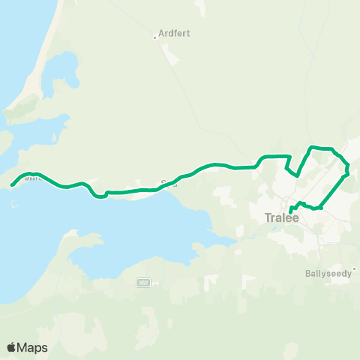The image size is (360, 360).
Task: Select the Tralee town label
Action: pyautogui.click(x=282, y=218)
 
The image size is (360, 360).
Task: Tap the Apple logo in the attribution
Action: pyautogui.click(x=11, y=347)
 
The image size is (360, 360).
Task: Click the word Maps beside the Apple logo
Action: pyautogui.click(x=33, y=347)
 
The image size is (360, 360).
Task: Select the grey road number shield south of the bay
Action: pyautogui.click(x=142, y=282)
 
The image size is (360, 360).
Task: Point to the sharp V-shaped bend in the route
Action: pyautogui.click(x=298, y=175)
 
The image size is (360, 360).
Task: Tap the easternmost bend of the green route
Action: pyautogui.click(x=349, y=174)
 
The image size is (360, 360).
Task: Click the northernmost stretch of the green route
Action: pyautogui.click(x=322, y=148)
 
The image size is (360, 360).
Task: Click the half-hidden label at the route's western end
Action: pyautogui.click(x=30, y=179)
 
